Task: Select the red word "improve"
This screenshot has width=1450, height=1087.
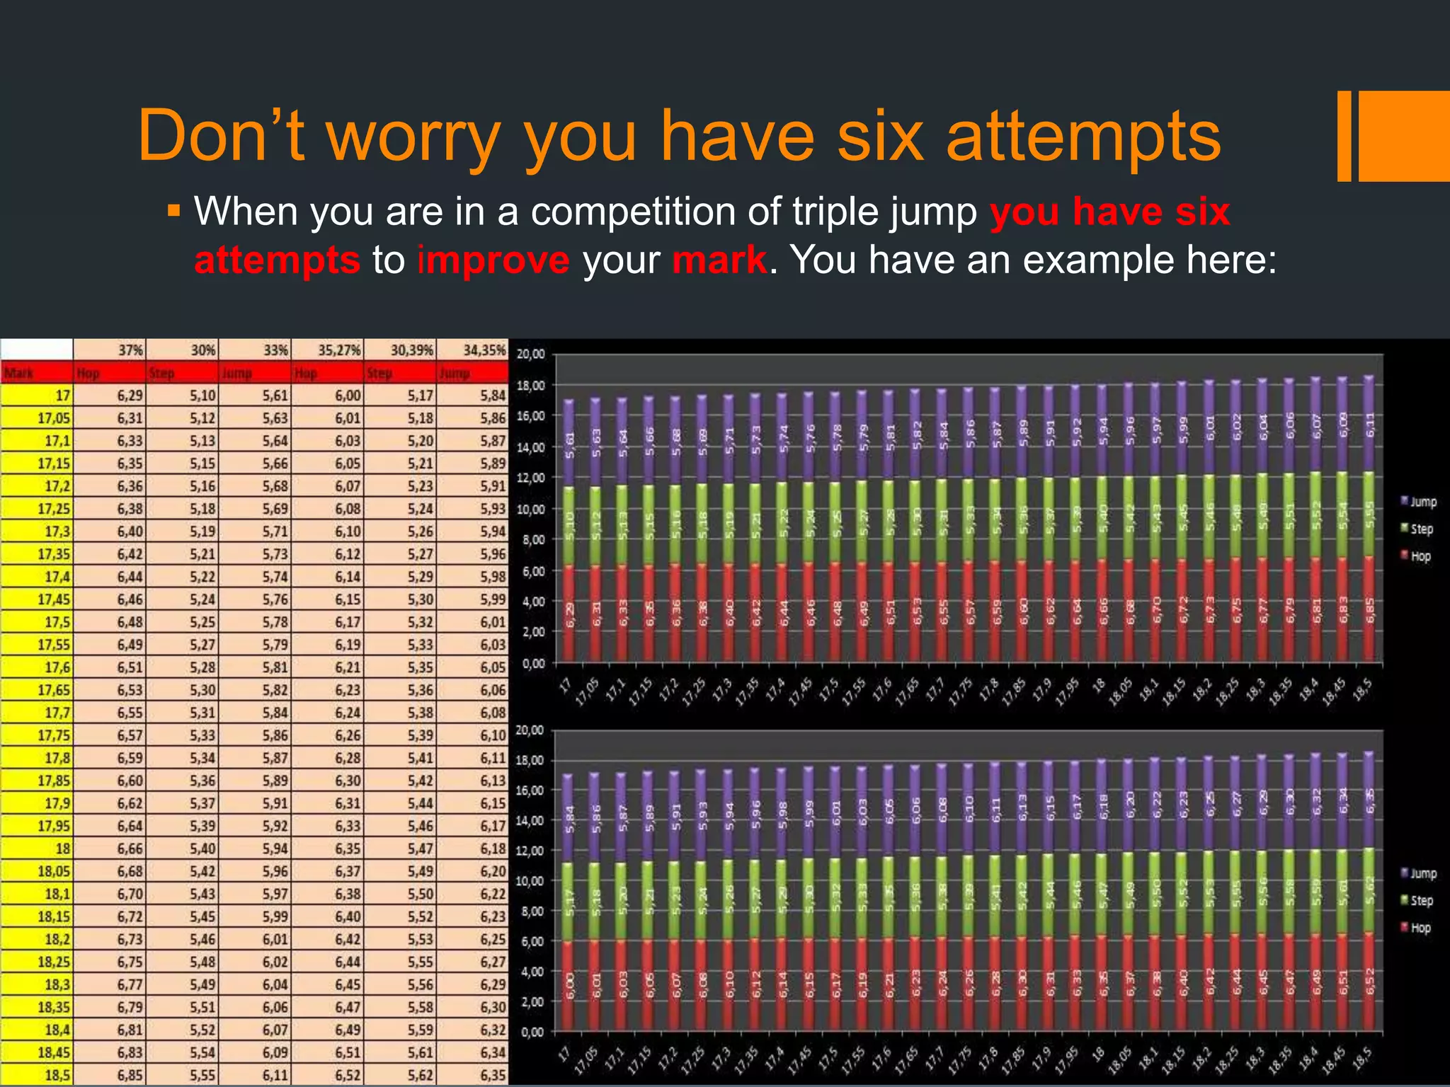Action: tap(493, 260)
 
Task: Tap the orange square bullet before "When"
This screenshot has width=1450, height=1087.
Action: tap(174, 211)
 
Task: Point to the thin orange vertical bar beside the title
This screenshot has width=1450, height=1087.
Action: tap(1344, 136)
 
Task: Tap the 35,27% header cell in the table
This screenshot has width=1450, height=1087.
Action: tap(339, 350)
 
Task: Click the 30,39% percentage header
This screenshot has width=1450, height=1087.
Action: tap(411, 350)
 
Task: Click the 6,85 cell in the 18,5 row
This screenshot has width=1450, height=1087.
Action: tap(130, 1075)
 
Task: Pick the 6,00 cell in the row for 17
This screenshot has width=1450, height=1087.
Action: tap(348, 396)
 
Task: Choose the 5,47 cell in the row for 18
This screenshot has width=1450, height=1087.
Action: tap(420, 849)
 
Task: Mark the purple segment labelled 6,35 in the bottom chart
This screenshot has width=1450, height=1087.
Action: tap(1369, 800)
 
